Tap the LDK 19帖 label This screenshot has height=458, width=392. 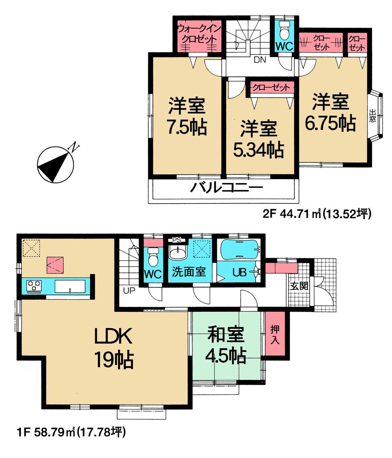click(x=114, y=348)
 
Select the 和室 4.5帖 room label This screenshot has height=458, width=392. click(x=226, y=345)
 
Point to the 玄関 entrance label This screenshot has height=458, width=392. click(x=299, y=286)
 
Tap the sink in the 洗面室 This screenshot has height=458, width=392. click(x=178, y=252)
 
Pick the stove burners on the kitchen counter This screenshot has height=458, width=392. click(x=34, y=285)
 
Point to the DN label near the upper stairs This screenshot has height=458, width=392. click(x=260, y=60)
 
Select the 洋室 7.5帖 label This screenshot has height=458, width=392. click(x=187, y=116)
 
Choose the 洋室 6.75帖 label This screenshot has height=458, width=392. click(x=330, y=113)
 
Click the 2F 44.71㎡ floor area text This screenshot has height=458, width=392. click(x=316, y=214)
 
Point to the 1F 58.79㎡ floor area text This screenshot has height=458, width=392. click(x=71, y=433)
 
